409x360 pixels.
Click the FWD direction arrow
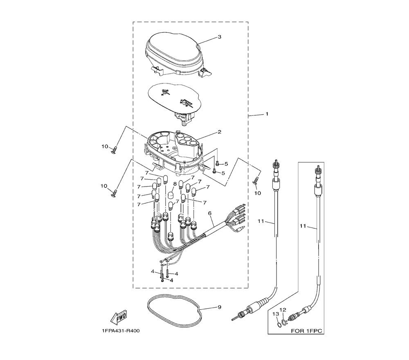click(119, 318)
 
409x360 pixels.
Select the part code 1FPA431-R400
click(121, 331)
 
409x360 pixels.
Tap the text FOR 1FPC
click(306, 331)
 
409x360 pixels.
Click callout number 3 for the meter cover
click(219, 37)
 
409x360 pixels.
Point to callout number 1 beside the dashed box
click(267, 114)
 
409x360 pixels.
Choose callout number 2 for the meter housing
click(219, 132)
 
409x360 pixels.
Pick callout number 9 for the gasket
click(219, 307)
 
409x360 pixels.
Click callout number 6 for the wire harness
click(210, 214)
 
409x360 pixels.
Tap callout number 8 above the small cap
click(175, 184)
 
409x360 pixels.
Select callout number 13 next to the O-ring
click(276, 314)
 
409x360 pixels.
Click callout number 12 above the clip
click(283, 310)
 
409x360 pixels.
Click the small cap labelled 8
click(171, 195)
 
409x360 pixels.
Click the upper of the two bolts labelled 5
click(217, 164)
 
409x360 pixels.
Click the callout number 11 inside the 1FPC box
click(303, 226)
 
